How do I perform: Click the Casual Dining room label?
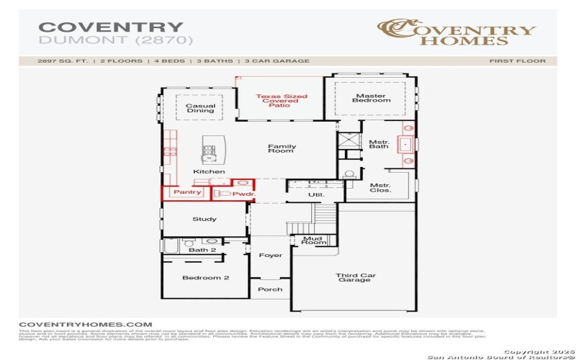point(200,108)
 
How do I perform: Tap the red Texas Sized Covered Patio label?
point(282,101)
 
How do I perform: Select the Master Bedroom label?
point(372,98)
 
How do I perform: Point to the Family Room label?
point(282,148)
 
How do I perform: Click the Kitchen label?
point(209,171)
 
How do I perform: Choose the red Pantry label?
point(186,193)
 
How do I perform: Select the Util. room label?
point(316,194)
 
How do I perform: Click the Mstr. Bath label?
point(379,144)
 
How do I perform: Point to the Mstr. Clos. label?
point(380,189)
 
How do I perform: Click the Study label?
point(204,219)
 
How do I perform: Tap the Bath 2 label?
point(202,250)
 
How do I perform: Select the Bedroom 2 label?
point(205,277)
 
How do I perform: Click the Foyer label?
point(271,256)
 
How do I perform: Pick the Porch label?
point(270,289)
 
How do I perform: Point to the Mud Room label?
point(312,240)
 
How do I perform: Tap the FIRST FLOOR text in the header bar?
point(517,61)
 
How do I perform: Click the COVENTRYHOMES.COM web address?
point(86,325)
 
